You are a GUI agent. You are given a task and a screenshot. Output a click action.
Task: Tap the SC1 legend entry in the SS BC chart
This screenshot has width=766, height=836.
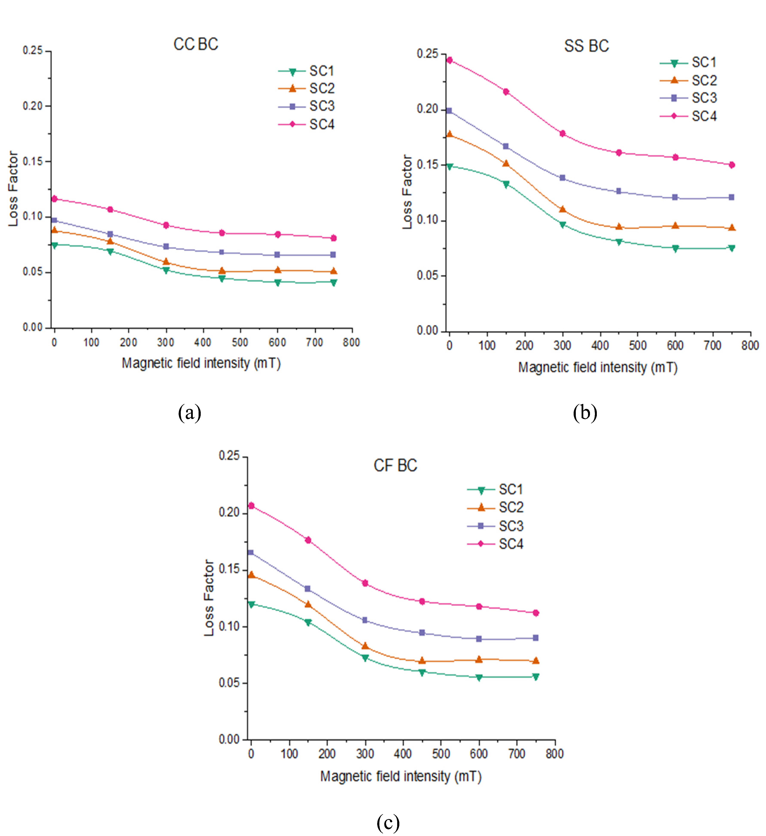click(x=704, y=63)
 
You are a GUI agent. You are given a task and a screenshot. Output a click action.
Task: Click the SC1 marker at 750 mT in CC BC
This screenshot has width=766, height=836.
click(x=333, y=282)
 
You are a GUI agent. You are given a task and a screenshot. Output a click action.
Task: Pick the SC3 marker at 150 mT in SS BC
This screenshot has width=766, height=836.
click(x=506, y=146)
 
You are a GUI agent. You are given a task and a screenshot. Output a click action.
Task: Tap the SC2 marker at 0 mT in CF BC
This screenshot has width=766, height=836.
click(x=251, y=575)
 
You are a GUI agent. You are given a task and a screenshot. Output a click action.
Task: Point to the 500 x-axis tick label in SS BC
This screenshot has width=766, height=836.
click(x=637, y=345)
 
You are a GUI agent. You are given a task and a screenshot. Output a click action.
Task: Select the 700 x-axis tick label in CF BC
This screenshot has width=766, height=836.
click(x=516, y=754)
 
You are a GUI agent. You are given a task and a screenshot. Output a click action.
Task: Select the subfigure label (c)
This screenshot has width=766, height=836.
click(x=388, y=821)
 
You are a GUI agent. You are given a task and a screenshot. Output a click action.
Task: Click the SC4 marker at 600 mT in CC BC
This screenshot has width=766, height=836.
click(x=277, y=234)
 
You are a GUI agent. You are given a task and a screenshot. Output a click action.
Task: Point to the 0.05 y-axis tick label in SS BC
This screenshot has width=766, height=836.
click(x=427, y=276)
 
